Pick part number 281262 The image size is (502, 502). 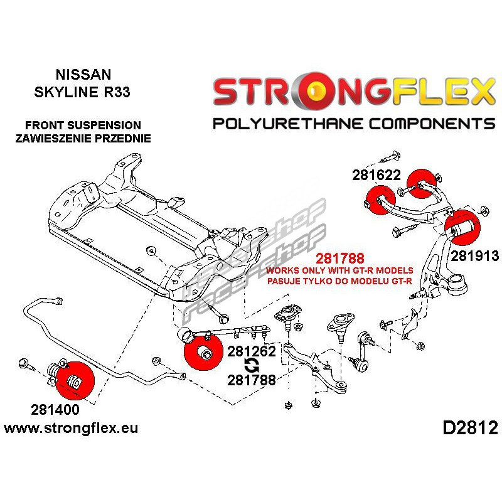tap(252, 351)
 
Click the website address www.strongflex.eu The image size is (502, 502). tap(70, 429)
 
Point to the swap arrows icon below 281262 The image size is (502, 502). tap(251, 366)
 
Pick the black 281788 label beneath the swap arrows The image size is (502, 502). tap(252, 380)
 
